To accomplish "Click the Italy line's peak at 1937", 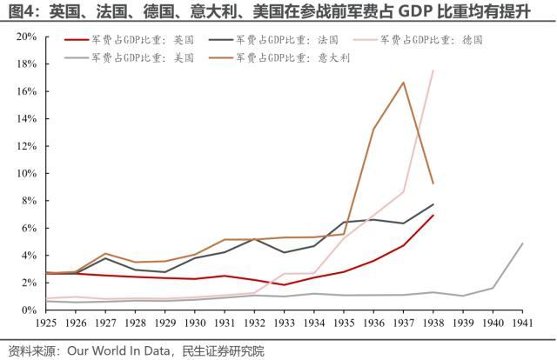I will pyautogui.click(x=403, y=83).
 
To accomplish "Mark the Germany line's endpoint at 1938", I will pyautogui.click(x=433, y=70).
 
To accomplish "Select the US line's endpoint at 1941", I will pyautogui.click(x=522, y=243).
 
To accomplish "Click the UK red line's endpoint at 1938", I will pyautogui.click(x=433, y=216).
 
